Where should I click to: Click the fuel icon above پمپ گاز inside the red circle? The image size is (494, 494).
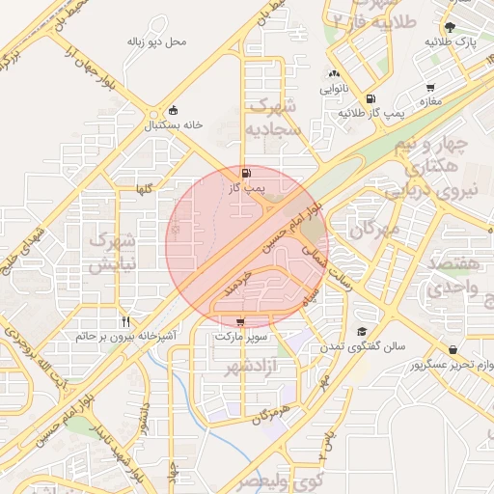click(x=246, y=174)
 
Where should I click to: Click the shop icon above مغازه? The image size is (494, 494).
click(x=429, y=88)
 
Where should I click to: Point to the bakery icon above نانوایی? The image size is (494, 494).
click(x=334, y=74)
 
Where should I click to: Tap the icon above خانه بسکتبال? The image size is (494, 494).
click(x=173, y=110)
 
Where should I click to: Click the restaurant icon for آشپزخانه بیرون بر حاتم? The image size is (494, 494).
click(x=125, y=321)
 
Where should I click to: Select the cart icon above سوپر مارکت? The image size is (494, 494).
click(x=239, y=322)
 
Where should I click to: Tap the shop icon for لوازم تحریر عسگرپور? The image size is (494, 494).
click(x=452, y=349)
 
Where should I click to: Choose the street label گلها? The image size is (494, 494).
click(x=144, y=189)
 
